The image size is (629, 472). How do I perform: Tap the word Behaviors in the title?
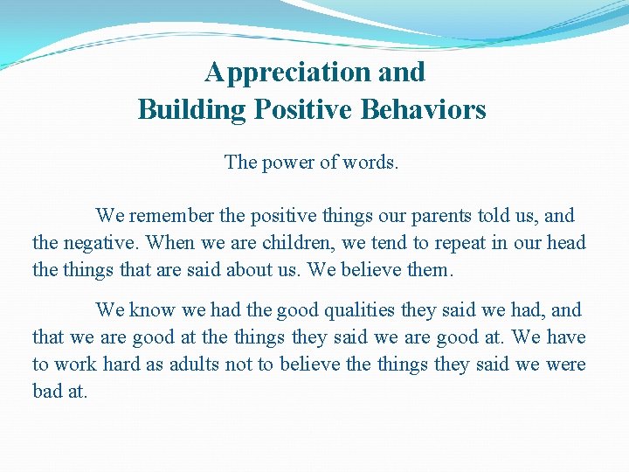pos(430,110)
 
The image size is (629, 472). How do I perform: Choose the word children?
pos(309,243)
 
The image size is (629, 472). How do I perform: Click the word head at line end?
pos(566,243)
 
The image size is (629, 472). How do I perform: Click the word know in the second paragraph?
pos(152,310)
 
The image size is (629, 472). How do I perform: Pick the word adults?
pos(192,364)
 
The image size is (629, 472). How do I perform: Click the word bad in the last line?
pos(47,392)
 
